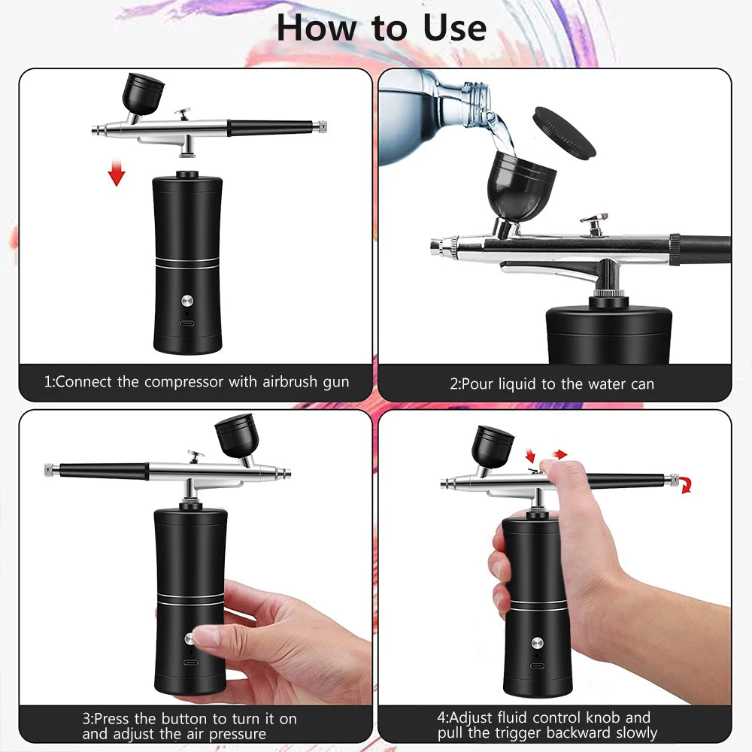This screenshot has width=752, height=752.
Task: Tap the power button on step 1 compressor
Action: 186,300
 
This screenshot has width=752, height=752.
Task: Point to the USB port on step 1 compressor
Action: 186,324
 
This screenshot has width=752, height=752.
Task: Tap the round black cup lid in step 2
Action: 563,132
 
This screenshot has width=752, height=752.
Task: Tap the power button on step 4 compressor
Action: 536,643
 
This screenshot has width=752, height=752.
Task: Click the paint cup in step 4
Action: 492,444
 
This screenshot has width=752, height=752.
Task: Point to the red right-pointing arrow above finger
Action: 559,453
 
